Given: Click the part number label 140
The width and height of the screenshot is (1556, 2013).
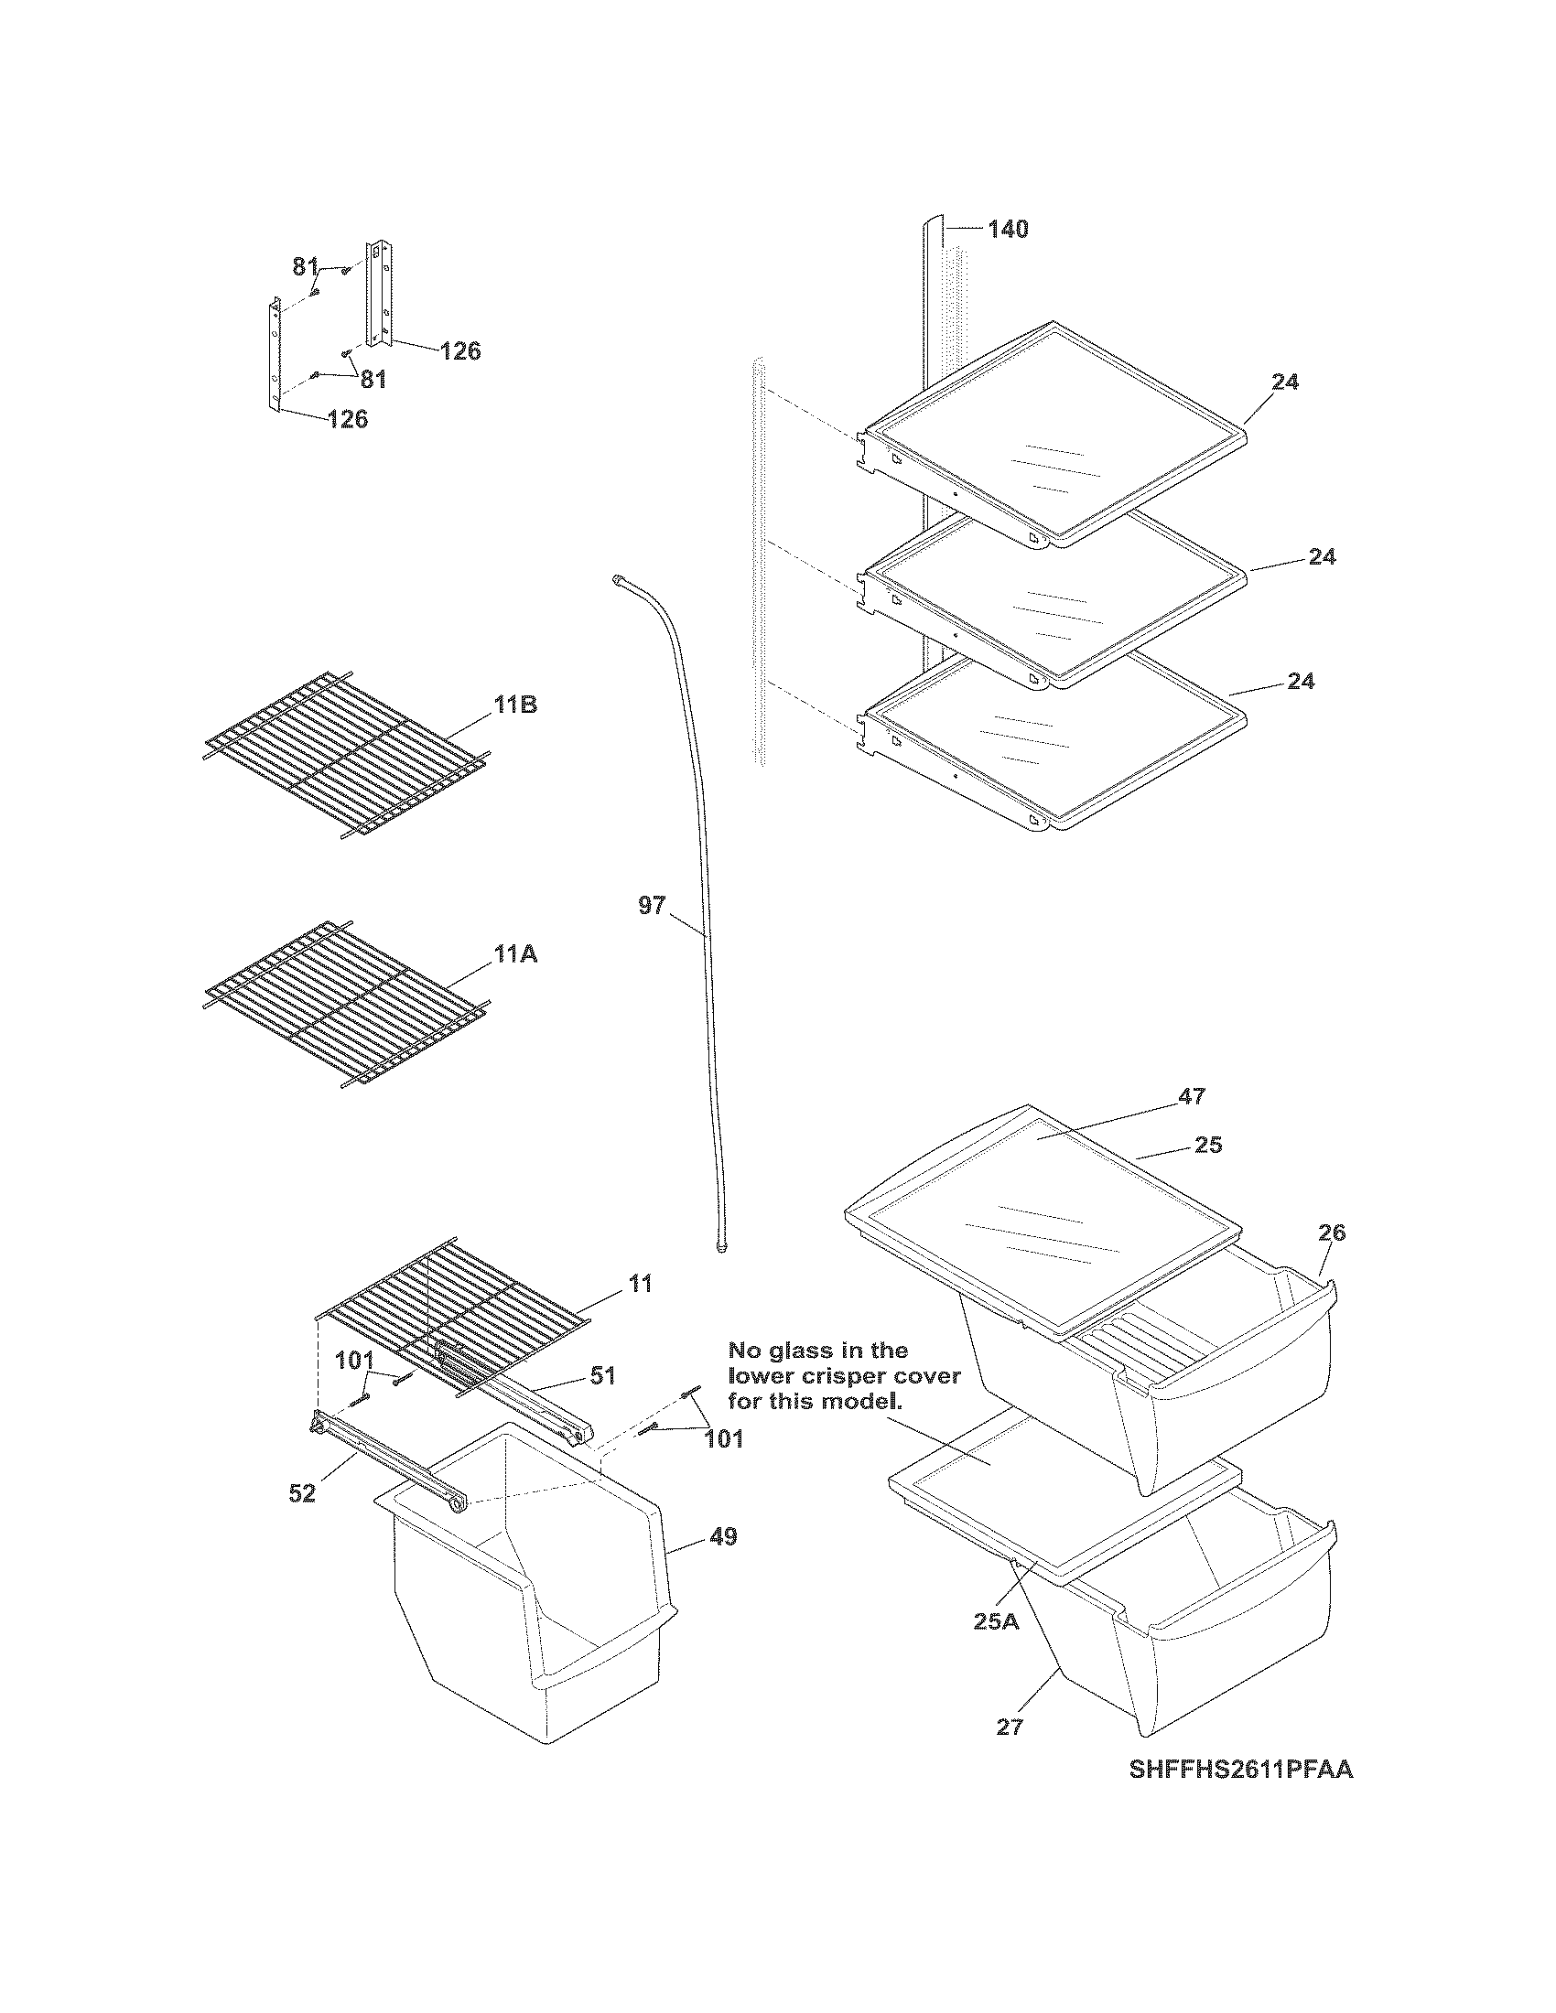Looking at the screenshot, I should click(x=1008, y=229).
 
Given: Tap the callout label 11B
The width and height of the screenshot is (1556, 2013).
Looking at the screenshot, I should click(x=515, y=705).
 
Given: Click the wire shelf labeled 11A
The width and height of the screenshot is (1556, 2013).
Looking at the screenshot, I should click(x=341, y=1005).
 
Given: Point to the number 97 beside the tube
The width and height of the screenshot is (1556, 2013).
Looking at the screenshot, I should click(x=651, y=906).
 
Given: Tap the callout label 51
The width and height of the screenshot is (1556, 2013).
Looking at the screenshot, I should click(x=602, y=1375).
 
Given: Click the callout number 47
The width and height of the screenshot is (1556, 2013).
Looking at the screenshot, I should click(x=1192, y=1096).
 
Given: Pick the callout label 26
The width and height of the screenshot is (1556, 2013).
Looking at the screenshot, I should click(x=1332, y=1233).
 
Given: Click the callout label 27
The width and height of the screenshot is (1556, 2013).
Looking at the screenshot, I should click(x=1010, y=1728).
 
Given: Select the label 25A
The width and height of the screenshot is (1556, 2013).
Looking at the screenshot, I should click(x=997, y=1621).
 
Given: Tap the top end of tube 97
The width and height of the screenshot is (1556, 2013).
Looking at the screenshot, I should click(x=616, y=579).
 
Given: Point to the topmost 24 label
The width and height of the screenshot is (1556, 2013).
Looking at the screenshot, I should click(x=1285, y=382).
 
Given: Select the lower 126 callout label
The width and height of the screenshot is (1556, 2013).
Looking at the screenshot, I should click(x=348, y=419).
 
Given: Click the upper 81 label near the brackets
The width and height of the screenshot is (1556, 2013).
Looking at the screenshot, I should click(x=305, y=266).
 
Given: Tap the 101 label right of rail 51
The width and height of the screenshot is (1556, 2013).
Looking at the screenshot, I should click(x=724, y=1438).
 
